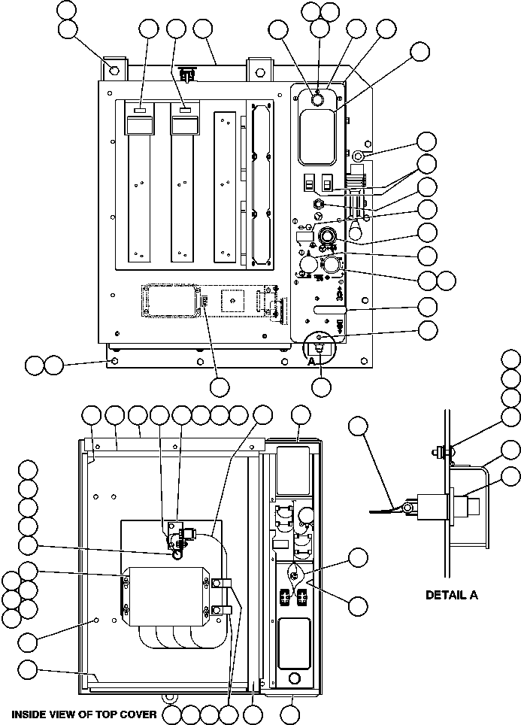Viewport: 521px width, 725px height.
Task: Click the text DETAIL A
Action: tap(451, 595)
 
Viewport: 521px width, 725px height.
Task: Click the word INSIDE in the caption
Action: tap(29, 714)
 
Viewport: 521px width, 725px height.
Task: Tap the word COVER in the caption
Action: tap(138, 714)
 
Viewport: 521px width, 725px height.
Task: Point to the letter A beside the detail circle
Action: tap(312, 360)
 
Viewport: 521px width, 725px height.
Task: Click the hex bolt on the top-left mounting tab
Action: tap(114, 70)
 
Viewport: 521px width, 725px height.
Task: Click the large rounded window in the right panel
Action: tap(319, 136)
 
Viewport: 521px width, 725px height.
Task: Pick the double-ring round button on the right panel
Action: tap(328, 236)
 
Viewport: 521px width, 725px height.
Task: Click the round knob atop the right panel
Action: tap(317, 99)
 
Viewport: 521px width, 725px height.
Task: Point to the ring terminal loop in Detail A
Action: tap(407, 509)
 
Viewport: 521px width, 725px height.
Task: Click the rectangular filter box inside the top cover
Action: tap(166, 596)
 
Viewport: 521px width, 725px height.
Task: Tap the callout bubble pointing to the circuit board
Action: tap(219, 387)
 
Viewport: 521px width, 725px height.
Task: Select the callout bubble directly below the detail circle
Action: tap(321, 387)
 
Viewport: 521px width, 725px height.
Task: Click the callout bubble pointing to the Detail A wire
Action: tap(359, 426)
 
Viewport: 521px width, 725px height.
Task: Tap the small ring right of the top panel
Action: tap(359, 156)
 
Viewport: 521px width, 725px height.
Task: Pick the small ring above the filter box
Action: tap(176, 554)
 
